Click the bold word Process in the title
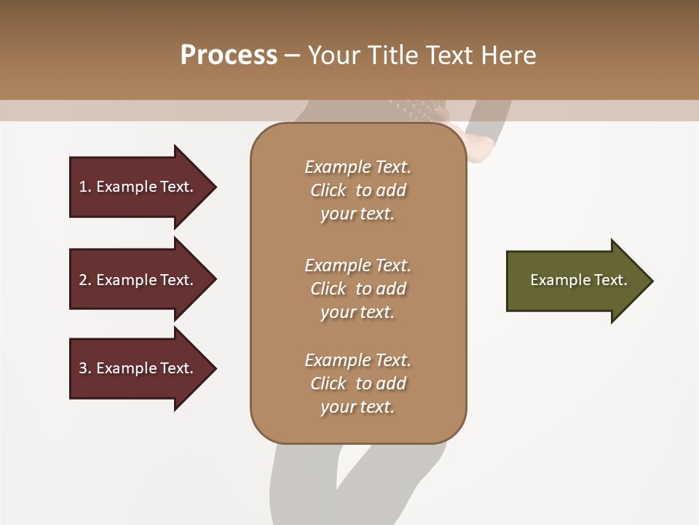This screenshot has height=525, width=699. point(229,55)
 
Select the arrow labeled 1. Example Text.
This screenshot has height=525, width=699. point(138,187)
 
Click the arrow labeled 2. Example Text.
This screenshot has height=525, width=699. point(138,280)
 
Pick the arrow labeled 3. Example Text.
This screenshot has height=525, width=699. point(138,368)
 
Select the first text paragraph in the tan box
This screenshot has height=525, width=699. point(358,190)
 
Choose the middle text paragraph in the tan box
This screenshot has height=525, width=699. point(358,289)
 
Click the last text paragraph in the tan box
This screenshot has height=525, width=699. point(358,384)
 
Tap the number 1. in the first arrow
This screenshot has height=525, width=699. point(85,187)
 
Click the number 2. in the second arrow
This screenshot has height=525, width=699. point(85,280)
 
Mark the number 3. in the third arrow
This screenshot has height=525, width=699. point(85,368)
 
